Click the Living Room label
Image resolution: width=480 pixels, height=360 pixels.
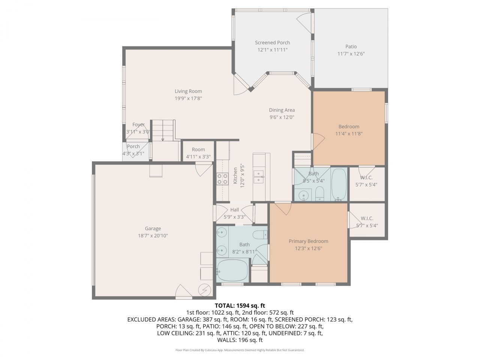point(188,91)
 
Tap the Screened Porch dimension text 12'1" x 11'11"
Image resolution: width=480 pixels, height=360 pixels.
point(273,49)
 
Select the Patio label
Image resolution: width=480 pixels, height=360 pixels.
point(351,46)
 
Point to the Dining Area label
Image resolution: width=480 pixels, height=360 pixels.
point(282,110)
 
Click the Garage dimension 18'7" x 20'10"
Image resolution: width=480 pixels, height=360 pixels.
point(153,235)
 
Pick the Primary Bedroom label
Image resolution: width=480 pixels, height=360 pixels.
point(308,241)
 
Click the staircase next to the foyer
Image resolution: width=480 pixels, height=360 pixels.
point(163,130)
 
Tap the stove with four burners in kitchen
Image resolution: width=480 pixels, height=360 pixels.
point(223,179)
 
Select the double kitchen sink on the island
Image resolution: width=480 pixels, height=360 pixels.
point(259,177)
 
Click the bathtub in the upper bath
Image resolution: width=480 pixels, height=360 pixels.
point(339,184)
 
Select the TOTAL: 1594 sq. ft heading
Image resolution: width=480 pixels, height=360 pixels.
point(240,306)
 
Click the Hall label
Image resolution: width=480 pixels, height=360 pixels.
point(235,210)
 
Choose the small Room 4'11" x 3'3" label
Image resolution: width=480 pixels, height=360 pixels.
point(198,149)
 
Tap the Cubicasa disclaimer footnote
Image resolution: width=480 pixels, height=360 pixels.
point(240,350)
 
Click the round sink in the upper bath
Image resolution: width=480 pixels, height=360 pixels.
point(303,195)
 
